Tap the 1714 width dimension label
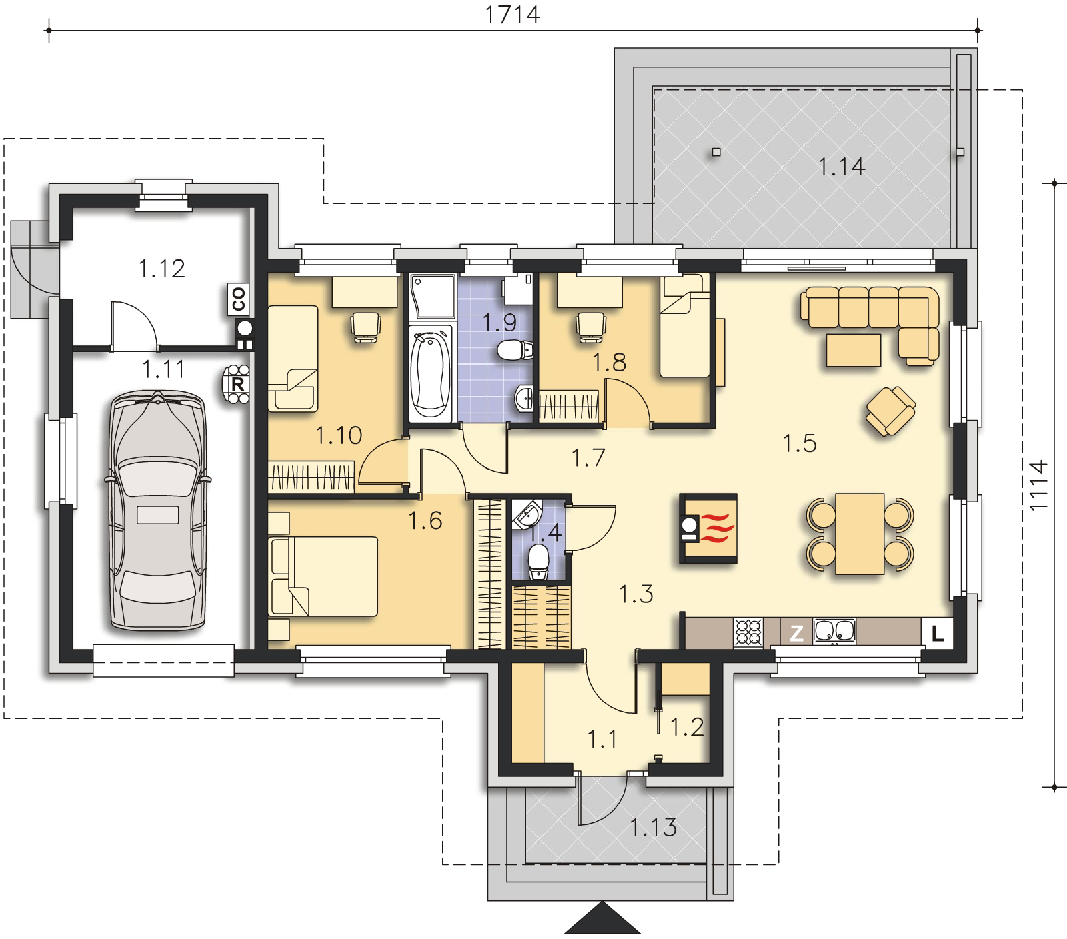512,14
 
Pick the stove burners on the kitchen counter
748,632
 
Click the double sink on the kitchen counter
834,632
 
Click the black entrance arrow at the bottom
603,920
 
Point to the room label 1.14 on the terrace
842,167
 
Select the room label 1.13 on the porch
654,828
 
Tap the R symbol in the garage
237,385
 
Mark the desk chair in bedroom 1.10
365,327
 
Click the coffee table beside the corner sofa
854,350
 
